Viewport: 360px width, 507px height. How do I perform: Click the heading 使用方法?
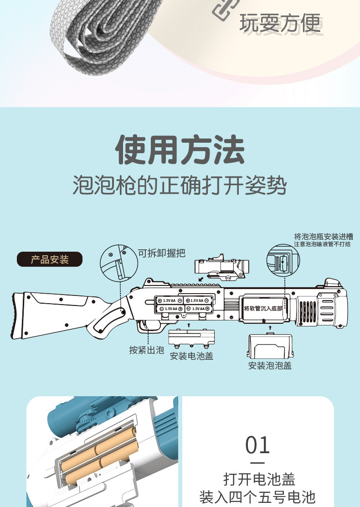point(180,150)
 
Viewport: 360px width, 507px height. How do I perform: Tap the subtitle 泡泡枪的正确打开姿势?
point(180,186)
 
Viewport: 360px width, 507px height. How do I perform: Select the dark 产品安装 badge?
point(50,259)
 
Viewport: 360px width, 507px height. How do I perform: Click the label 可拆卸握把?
point(162,253)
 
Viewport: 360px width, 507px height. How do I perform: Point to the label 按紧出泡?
point(146,350)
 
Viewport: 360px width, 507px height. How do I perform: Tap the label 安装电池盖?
point(191,356)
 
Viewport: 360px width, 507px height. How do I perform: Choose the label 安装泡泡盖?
point(270,365)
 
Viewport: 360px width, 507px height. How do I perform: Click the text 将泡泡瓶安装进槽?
point(323,237)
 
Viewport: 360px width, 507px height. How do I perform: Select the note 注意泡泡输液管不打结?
point(322,244)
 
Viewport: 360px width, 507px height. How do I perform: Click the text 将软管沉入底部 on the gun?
point(263,308)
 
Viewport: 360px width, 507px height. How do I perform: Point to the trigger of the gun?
point(144,325)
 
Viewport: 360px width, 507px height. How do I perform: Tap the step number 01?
point(257,445)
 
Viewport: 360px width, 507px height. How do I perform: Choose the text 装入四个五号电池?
point(257,497)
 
